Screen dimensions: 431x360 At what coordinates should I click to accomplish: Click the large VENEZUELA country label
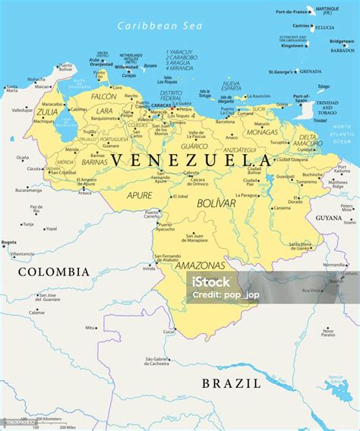(x=190, y=160)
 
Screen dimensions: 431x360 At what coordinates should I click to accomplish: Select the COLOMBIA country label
(x=53, y=271)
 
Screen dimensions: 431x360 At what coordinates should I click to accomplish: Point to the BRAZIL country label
(x=231, y=383)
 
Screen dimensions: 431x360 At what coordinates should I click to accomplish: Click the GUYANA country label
(x=329, y=217)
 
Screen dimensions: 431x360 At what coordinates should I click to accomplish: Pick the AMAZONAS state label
(x=200, y=266)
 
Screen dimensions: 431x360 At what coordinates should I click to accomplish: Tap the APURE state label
(x=139, y=195)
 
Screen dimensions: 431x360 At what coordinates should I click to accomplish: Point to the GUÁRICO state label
(x=194, y=146)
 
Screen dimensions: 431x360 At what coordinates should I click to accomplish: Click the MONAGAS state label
(x=262, y=131)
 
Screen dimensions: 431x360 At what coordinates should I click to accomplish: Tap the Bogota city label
(x=9, y=242)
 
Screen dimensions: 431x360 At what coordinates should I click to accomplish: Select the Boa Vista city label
(x=311, y=290)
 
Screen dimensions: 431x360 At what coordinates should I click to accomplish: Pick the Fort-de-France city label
(x=292, y=11)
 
